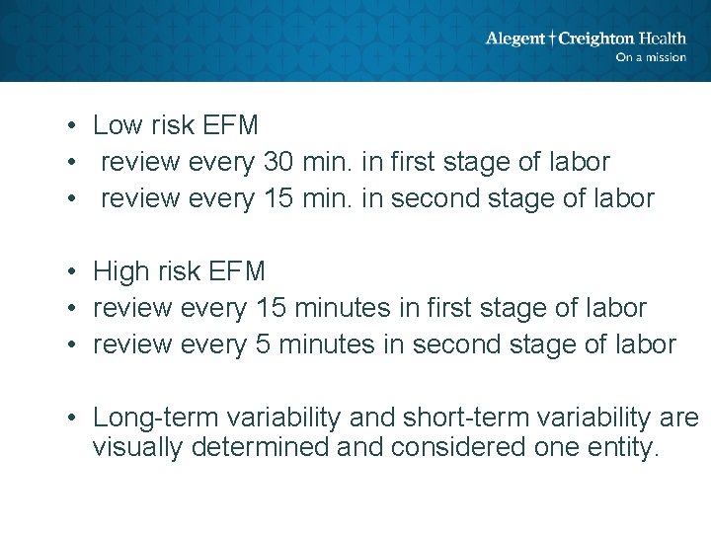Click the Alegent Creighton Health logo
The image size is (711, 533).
pos(585,39)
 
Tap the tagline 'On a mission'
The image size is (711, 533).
pos(650,57)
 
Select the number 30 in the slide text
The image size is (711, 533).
pos(278,162)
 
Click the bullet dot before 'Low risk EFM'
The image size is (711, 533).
pos(73,126)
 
